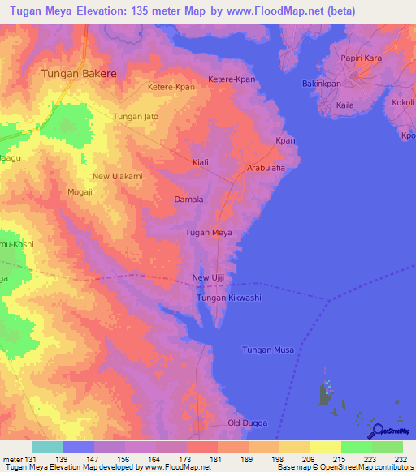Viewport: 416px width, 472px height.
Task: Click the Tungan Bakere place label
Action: pos(79,73)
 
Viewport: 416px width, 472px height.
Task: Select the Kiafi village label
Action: pos(200,162)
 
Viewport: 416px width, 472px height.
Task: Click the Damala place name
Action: pos(188,199)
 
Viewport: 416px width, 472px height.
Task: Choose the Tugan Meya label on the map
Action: pos(210,234)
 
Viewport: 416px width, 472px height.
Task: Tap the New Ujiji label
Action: pos(207,278)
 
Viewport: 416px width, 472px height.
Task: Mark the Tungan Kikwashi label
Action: pos(229,298)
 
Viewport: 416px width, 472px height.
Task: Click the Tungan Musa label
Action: pos(268,350)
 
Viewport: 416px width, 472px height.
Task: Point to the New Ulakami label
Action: pos(118,177)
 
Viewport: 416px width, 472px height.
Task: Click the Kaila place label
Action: pos(346,105)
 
